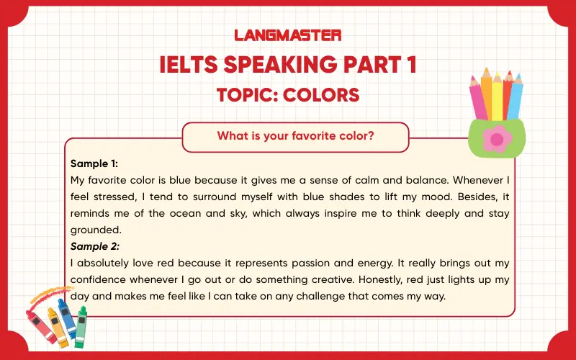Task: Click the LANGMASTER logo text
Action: click(x=288, y=35)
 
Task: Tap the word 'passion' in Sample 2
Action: click(x=306, y=264)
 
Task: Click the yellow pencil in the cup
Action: click(x=497, y=95)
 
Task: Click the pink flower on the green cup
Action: click(x=495, y=139)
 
